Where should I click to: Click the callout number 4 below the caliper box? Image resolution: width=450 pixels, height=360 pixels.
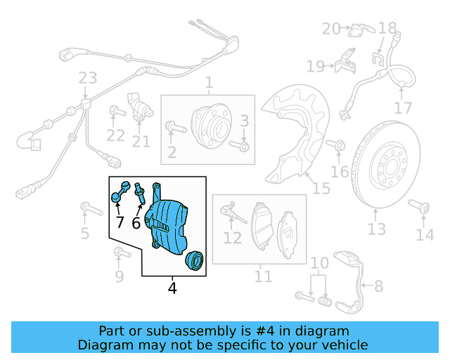(x=172, y=288)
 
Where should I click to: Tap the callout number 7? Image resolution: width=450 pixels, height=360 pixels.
(x=120, y=223)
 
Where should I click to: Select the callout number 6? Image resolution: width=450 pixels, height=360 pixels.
(x=136, y=223)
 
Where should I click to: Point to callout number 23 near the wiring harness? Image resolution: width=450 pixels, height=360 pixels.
(x=87, y=77)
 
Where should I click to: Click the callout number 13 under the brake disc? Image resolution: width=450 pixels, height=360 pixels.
(x=377, y=229)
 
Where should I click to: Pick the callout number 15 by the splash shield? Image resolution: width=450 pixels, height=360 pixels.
(x=321, y=188)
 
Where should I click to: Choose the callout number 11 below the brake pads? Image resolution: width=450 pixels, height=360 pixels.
(x=263, y=276)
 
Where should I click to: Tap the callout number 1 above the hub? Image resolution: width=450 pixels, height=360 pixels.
(x=209, y=84)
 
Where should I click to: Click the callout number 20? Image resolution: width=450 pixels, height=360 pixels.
(x=330, y=28)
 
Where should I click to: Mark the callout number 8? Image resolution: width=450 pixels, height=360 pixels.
(x=378, y=286)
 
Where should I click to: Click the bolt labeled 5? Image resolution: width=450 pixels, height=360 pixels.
(x=87, y=207)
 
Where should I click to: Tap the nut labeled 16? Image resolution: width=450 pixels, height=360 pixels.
(x=338, y=146)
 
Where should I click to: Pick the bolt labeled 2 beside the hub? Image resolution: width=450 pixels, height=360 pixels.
(x=174, y=128)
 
